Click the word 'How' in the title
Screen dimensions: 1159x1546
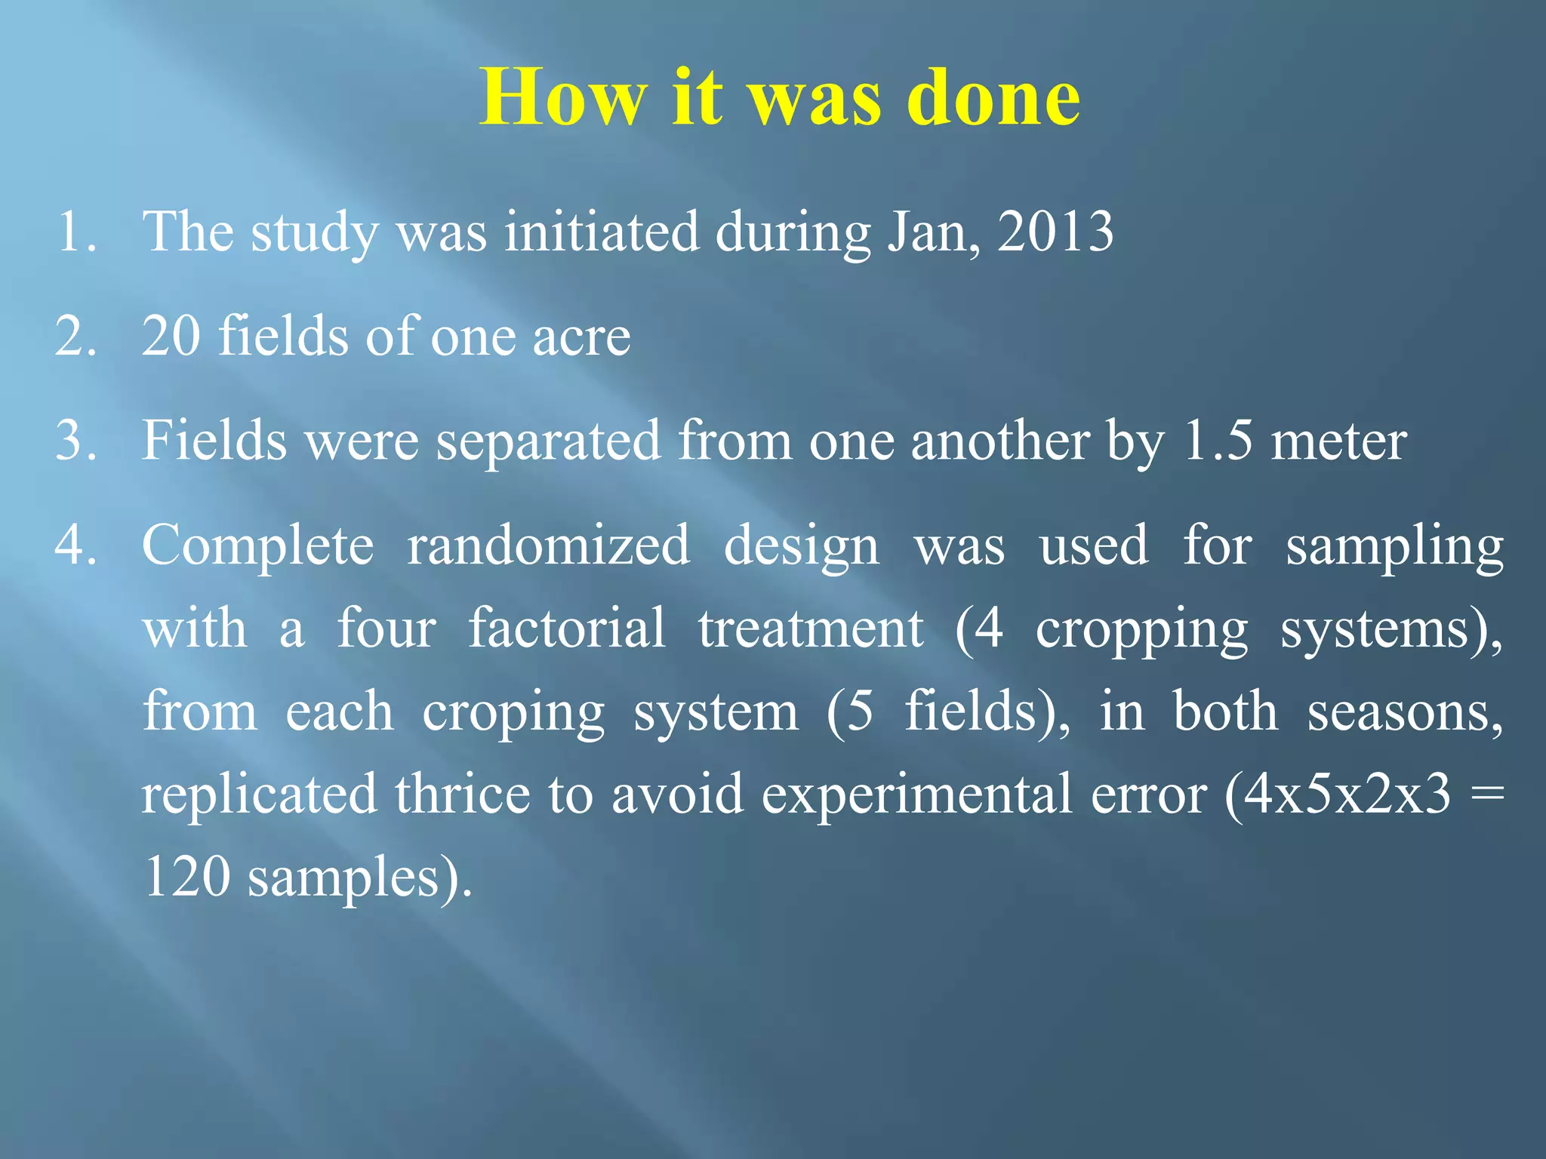click(563, 98)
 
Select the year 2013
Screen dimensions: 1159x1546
click(1055, 231)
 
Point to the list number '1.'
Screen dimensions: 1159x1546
click(75, 232)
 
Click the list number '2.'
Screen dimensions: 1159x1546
click(75, 337)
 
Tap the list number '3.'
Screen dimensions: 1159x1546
click(75, 441)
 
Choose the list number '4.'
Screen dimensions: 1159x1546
click(75, 545)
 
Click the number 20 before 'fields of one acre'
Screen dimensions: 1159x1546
click(171, 337)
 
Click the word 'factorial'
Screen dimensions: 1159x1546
click(567, 628)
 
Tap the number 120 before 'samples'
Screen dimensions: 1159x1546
click(186, 877)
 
